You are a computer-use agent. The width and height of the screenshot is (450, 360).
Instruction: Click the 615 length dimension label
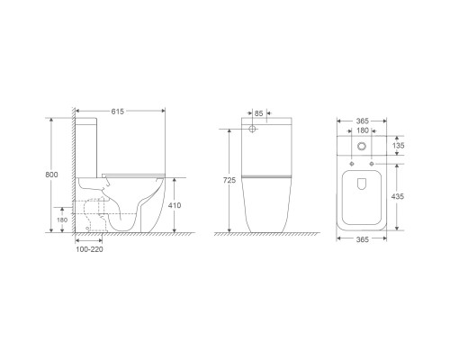click(x=118, y=112)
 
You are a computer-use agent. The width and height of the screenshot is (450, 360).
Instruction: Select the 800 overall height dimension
click(x=51, y=175)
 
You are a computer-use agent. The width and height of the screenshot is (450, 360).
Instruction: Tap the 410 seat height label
click(x=175, y=205)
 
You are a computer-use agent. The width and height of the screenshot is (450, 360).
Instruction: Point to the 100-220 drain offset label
click(x=89, y=249)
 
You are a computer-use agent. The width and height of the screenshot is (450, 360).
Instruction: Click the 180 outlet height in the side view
click(x=62, y=220)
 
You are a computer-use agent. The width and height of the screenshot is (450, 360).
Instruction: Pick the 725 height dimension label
click(x=229, y=180)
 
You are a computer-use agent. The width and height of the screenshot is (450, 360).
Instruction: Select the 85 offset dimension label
click(x=258, y=113)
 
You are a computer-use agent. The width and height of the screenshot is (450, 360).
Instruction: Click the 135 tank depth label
click(x=398, y=146)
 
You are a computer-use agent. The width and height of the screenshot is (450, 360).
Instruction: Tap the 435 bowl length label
click(x=398, y=196)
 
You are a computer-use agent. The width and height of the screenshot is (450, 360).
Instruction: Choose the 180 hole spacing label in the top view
click(x=363, y=130)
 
